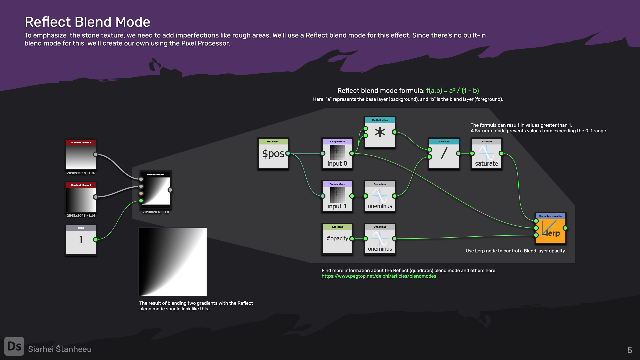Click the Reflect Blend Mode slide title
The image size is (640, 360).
point(87,22)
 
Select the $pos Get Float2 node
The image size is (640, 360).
point(273,154)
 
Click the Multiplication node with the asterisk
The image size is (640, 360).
point(380,132)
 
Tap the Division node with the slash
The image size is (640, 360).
point(444,154)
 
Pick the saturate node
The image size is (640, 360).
point(487,154)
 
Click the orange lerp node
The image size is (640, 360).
point(551,228)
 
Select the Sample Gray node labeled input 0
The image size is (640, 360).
point(337,154)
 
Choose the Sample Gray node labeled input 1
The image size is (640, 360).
point(337,196)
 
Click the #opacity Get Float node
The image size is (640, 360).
point(337,239)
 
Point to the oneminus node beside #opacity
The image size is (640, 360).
point(380,239)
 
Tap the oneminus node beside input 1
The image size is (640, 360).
point(380,196)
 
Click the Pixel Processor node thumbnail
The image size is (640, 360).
point(156,190)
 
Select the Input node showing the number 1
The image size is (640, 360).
point(81,240)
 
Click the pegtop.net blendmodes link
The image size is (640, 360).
point(379,276)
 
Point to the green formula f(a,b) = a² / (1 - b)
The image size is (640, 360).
point(452,91)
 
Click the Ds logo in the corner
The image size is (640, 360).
point(14,346)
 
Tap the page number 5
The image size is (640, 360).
point(630,350)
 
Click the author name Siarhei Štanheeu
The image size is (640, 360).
point(60,349)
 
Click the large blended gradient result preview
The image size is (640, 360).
point(173,262)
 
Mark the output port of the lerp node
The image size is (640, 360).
point(565,228)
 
